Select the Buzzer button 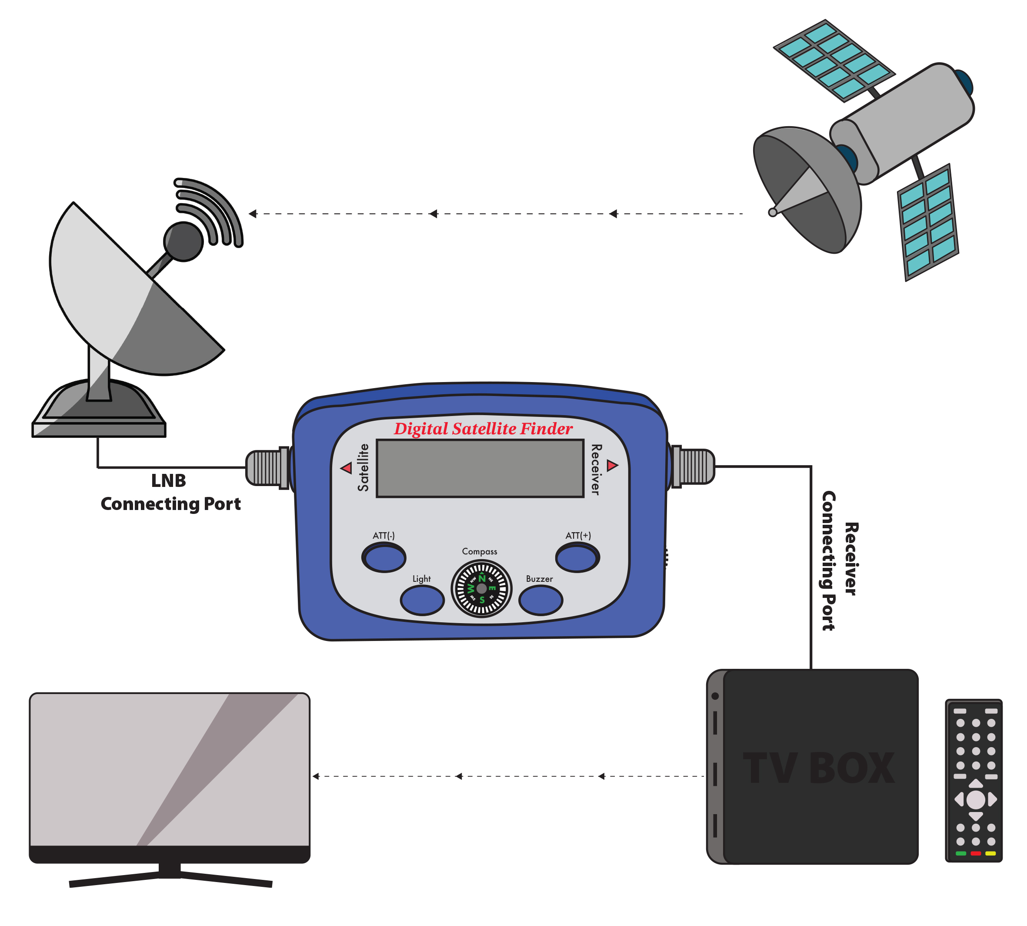[x=540, y=601]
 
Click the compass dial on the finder [x=481, y=589]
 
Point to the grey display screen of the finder [x=480, y=468]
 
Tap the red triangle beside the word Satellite [x=347, y=468]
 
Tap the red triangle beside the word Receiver [x=612, y=465]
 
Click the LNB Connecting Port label [x=170, y=492]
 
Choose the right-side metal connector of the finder [x=694, y=466]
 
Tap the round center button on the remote [x=975, y=800]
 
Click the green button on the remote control [x=960, y=853]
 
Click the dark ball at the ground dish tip [x=183, y=242]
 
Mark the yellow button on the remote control [x=990, y=853]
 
